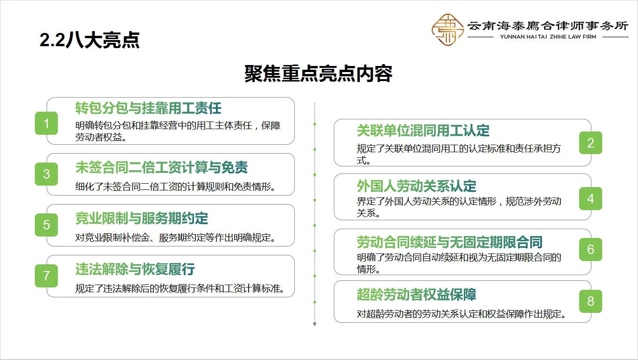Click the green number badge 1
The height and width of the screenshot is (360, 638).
(x=46, y=123)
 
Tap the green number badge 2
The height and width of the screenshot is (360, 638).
(x=590, y=143)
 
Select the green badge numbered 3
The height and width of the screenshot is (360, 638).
(x=46, y=174)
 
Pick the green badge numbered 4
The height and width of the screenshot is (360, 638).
(x=590, y=198)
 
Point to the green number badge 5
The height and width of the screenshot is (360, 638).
(x=46, y=225)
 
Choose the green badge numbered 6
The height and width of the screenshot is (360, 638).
(x=590, y=249)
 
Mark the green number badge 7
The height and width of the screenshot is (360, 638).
(x=46, y=276)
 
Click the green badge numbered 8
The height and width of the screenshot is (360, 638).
(x=590, y=301)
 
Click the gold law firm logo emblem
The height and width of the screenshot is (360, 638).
(x=447, y=30)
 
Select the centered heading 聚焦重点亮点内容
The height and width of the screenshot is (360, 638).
(x=318, y=74)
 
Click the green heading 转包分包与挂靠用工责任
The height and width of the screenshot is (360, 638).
(x=148, y=108)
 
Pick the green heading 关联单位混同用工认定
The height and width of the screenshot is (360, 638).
(x=423, y=130)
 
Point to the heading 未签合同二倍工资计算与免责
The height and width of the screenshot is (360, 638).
(x=161, y=167)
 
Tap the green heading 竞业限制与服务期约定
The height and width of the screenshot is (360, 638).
(x=141, y=218)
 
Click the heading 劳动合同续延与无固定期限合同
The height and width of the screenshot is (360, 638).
(x=449, y=243)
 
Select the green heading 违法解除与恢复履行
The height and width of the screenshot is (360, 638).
(x=135, y=269)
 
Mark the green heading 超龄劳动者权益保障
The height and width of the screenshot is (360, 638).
(x=416, y=295)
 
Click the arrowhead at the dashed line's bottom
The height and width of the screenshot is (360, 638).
(x=315, y=324)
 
